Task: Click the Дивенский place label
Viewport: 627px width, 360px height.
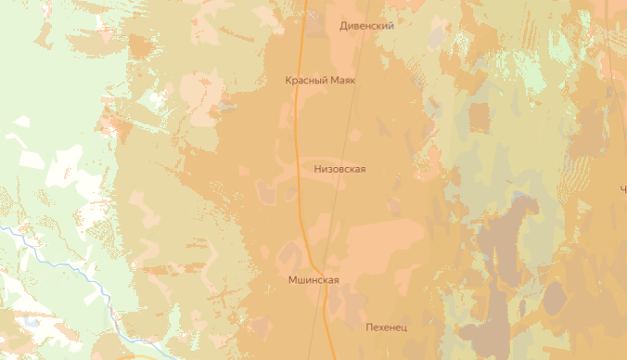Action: coord(367,26)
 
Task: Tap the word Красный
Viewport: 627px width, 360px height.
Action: coord(307,81)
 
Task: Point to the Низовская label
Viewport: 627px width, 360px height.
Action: coord(340,169)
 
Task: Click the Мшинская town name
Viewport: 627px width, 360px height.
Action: coord(313,280)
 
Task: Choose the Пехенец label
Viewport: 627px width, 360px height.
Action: coord(387,328)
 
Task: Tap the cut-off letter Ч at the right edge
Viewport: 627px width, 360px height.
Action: coord(622,188)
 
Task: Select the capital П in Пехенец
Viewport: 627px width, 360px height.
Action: coord(370,328)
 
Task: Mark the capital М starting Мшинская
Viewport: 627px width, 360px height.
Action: coord(292,280)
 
